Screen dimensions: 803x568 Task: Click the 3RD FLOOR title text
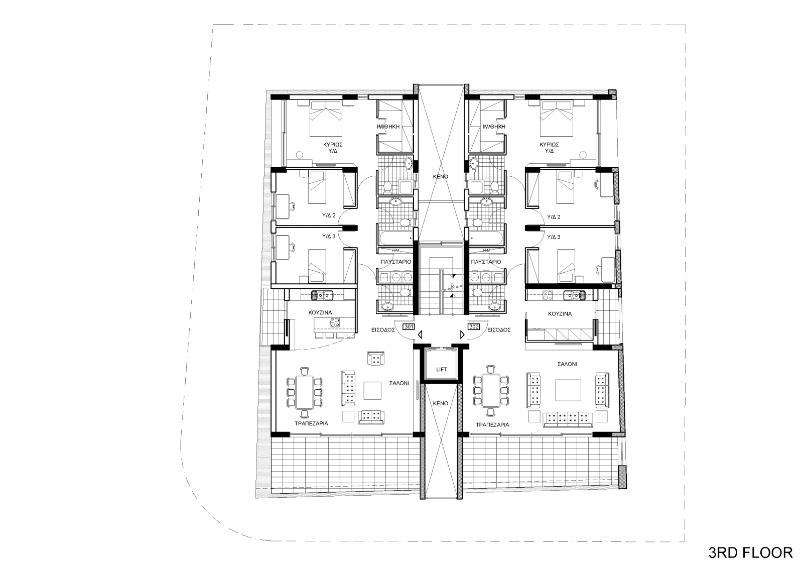coord(750,553)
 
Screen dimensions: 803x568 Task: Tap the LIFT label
coord(441,369)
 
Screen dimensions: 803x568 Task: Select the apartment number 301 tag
coord(409,327)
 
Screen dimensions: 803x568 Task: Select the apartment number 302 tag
coord(474,327)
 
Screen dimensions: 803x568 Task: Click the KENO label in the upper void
coord(441,177)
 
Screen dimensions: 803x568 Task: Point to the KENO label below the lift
coord(441,403)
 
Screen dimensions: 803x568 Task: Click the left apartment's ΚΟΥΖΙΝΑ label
coord(320,312)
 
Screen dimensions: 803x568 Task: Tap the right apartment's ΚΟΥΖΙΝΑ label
coord(560,313)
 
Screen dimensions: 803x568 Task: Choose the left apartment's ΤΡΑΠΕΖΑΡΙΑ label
coord(311,423)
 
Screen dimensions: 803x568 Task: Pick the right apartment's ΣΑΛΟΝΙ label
coord(567,364)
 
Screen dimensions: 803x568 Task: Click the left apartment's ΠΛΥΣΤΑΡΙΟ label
coord(396,262)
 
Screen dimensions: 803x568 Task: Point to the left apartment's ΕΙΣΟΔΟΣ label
coord(383,330)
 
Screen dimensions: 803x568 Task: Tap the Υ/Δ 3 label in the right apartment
coord(554,237)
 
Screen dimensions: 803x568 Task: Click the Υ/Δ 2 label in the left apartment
coord(328,215)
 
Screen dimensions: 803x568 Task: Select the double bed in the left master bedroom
coord(326,119)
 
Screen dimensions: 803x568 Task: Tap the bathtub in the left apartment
coord(395,238)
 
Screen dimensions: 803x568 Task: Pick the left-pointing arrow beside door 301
coord(420,335)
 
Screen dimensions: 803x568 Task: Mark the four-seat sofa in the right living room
coord(568,419)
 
